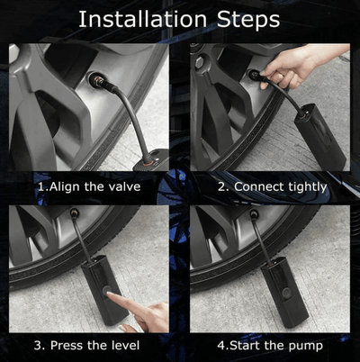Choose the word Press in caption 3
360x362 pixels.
(82, 345)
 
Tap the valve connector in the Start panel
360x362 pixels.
(256, 216)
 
